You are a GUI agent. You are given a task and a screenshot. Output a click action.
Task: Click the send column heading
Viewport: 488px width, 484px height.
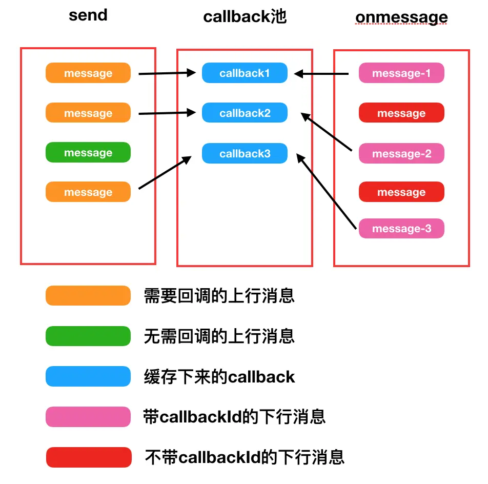[x=88, y=15]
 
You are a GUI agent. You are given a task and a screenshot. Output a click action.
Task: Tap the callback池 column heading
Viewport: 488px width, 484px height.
[x=245, y=16]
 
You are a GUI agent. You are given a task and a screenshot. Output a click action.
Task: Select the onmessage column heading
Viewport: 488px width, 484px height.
[x=401, y=17]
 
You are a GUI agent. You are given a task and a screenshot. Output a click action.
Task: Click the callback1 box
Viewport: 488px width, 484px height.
[x=245, y=73]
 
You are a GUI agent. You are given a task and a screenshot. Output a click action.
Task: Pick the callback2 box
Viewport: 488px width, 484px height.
[x=245, y=113]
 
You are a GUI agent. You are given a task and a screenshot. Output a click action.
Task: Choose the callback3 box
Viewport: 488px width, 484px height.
[x=245, y=154]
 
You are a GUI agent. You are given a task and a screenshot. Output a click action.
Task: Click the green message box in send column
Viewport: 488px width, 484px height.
[x=88, y=153]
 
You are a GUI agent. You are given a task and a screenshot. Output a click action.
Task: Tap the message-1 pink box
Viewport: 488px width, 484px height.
[x=401, y=73]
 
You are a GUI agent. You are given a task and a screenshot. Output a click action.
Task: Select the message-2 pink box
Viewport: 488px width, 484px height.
[x=401, y=154]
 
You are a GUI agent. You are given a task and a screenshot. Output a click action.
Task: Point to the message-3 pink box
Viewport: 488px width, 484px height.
[x=401, y=229]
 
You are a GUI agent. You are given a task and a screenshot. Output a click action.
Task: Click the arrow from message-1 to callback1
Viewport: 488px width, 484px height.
[x=322, y=74]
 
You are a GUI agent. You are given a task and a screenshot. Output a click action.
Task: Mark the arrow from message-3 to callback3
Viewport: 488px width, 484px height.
[x=326, y=192]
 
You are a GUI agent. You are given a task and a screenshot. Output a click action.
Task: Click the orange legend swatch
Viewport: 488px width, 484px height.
[x=88, y=296]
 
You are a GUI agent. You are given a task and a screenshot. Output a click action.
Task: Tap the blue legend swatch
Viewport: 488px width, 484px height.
[x=88, y=376]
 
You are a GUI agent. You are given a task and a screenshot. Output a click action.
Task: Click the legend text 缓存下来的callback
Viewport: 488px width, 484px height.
[x=219, y=377]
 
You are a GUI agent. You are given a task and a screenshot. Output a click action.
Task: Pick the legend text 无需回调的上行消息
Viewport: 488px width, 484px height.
[x=219, y=336]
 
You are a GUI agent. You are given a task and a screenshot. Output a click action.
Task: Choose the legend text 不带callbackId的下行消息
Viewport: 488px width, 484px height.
[x=245, y=457]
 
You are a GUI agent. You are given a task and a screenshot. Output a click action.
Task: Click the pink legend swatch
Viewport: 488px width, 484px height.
[x=88, y=417]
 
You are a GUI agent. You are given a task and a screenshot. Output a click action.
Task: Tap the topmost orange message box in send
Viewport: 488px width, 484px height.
[x=88, y=73]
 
